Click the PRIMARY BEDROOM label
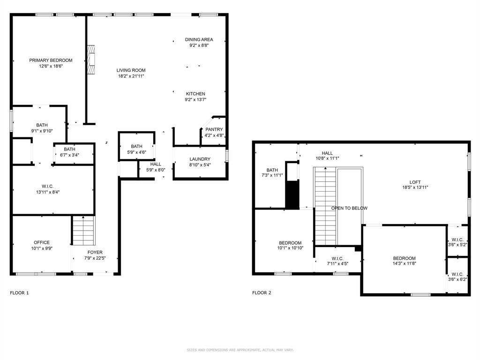[51, 60]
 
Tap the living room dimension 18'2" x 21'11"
[131, 76]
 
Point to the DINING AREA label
[199, 39]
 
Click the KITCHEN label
[195, 94]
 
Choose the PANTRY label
[214, 129]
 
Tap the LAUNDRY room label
[200, 159]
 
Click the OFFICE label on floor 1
[42, 242]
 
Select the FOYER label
[95, 252]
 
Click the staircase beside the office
[83, 231]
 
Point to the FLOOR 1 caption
[19, 293]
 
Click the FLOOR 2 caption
[262, 293]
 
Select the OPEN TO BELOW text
[349, 208]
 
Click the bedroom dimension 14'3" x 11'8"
[404, 264]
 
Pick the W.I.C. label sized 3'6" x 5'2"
[457, 240]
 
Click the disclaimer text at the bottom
[240, 350]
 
